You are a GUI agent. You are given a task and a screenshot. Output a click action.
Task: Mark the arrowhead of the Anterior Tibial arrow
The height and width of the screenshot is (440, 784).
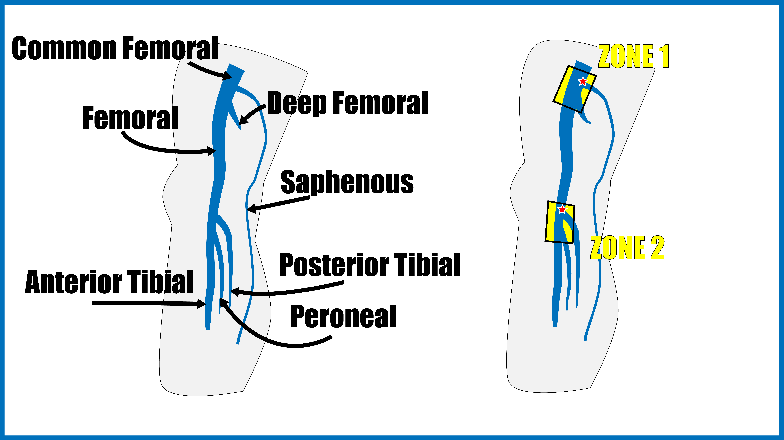pos(201,303)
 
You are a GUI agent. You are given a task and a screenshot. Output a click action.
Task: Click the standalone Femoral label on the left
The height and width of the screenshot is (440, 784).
pos(130,118)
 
